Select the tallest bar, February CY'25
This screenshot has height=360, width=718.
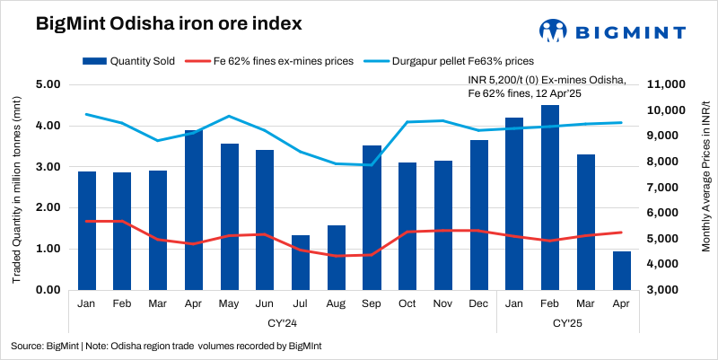pos(550,198)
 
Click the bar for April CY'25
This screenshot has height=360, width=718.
pos(621,270)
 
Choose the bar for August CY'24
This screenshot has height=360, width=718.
pos(337,258)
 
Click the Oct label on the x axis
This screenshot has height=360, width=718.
pos(407,303)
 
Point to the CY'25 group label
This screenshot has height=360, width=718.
pos(568,321)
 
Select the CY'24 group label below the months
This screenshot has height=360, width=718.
pos(283,321)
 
